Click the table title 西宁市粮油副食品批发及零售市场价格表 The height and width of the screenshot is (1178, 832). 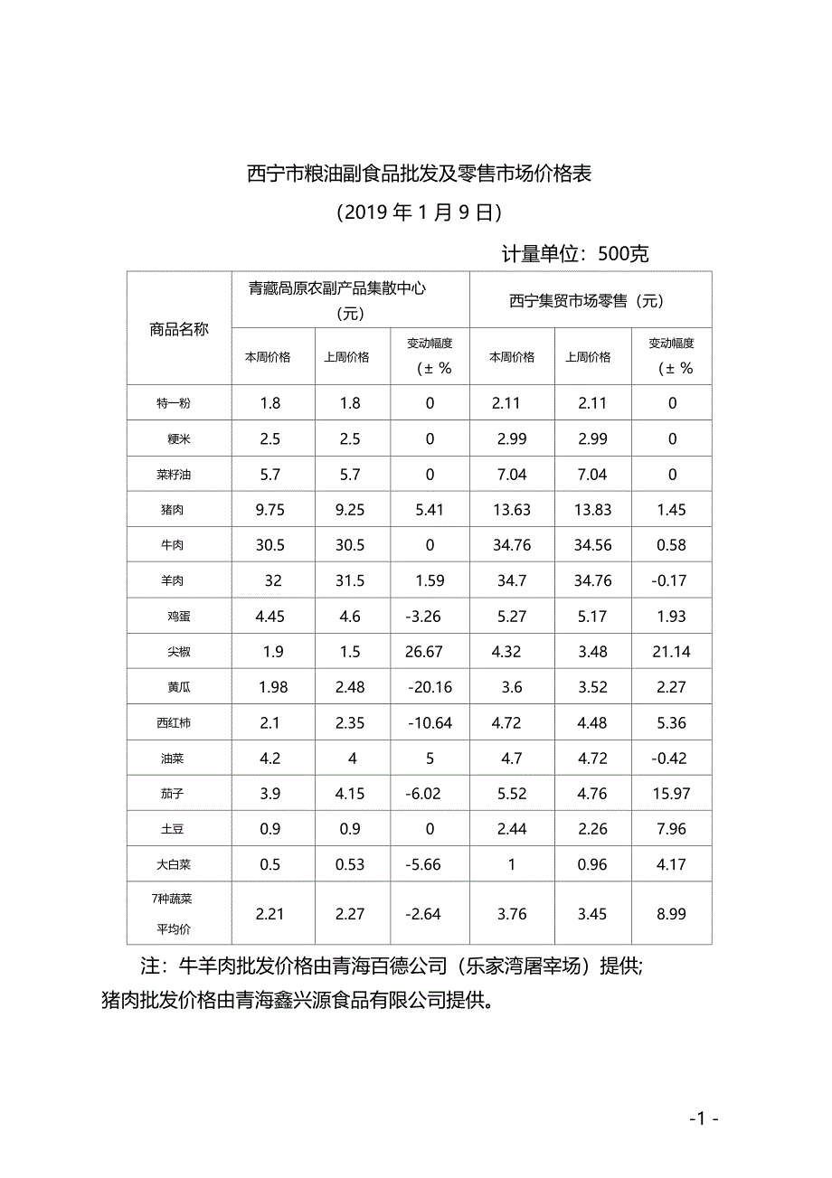(x=420, y=174)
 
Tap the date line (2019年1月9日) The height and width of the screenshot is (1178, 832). (x=419, y=212)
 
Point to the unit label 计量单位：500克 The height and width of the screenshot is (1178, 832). (x=575, y=254)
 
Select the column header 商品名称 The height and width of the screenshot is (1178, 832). (x=179, y=329)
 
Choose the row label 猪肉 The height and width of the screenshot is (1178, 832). (x=173, y=510)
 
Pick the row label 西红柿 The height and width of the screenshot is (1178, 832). (x=173, y=723)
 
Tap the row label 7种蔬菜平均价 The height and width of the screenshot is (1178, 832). (x=173, y=913)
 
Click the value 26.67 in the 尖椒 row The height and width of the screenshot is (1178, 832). (x=430, y=652)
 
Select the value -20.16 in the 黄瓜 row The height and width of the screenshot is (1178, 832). (x=430, y=687)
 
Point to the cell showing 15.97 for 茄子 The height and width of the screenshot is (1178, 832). (x=672, y=794)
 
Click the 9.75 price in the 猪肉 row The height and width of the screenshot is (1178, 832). (x=270, y=510)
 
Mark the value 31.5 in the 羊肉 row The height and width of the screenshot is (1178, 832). (x=350, y=580)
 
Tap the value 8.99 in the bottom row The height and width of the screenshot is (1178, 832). (x=672, y=914)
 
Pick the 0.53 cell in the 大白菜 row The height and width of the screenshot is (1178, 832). (x=350, y=864)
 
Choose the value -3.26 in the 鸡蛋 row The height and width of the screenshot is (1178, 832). (x=430, y=617)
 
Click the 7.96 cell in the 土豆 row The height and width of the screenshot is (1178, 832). (x=672, y=829)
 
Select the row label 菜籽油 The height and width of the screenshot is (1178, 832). (x=173, y=475)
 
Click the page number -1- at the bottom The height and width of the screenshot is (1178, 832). (x=703, y=1119)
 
